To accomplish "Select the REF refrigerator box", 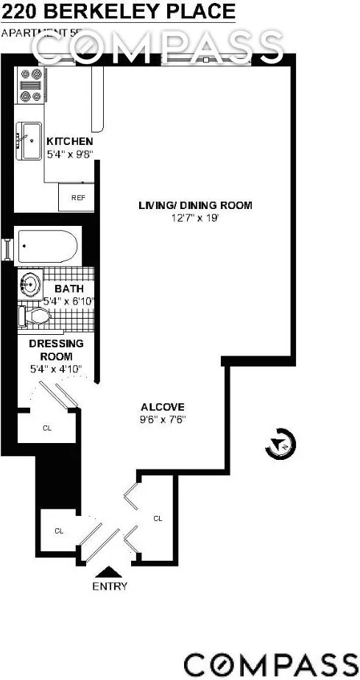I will [x=77, y=197].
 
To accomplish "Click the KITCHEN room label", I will [x=69, y=141].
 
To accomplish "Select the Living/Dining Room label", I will [x=195, y=205].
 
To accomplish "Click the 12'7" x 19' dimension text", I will [x=195, y=218].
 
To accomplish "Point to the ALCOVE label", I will [x=162, y=407].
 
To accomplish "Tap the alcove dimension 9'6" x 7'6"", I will [x=163, y=419].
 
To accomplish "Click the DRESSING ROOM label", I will [x=56, y=350].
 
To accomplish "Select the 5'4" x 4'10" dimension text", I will [x=55, y=369].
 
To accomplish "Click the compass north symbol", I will [x=282, y=443].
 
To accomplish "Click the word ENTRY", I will [x=110, y=587].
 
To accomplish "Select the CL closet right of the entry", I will [x=157, y=518].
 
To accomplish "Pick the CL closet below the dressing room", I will [x=47, y=427].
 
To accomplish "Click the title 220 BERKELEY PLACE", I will [x=119, y=12].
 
